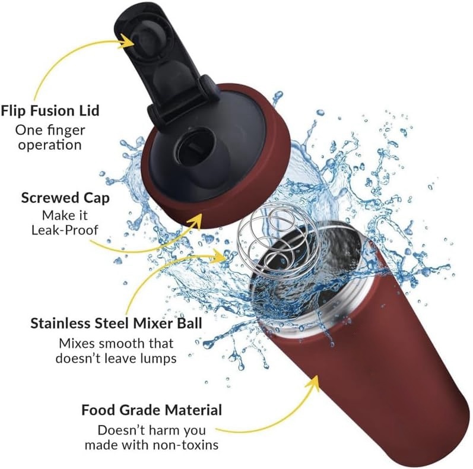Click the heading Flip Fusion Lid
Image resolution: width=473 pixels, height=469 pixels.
tap(50, 111)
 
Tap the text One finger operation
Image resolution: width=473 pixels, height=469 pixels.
tap(50, 137)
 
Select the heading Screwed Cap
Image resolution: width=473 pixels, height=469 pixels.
tap(65, 198)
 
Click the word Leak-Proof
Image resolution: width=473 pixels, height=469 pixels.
tap(65, 230)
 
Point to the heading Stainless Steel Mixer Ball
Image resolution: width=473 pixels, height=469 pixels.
tap(116, 323)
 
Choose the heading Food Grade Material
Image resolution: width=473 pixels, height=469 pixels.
tap(152, 410)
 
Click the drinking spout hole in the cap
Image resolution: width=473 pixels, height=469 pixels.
tap(195, 148)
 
